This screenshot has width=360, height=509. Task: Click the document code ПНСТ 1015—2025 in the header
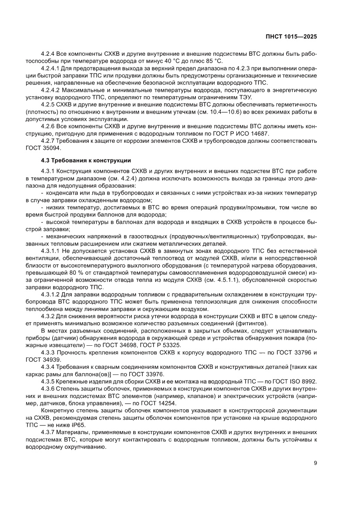[291, 37]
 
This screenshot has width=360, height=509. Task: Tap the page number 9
[315, 463]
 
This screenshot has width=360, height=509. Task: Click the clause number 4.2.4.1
[52, 69]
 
